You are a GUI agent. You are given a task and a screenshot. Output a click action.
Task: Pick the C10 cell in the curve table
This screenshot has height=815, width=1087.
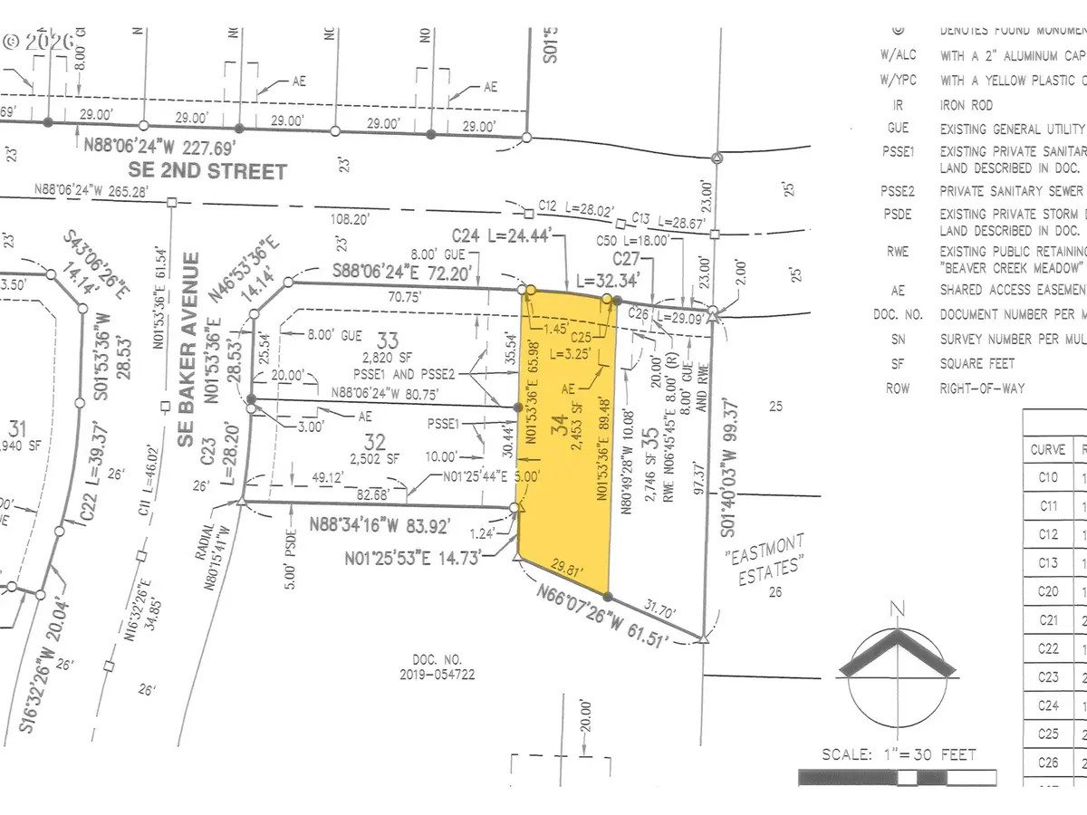tap(1047, 477)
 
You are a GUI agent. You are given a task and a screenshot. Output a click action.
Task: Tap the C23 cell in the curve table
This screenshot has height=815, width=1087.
tap(1047, 677)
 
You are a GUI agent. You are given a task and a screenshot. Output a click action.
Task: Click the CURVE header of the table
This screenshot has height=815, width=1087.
tap(1048, 448)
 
